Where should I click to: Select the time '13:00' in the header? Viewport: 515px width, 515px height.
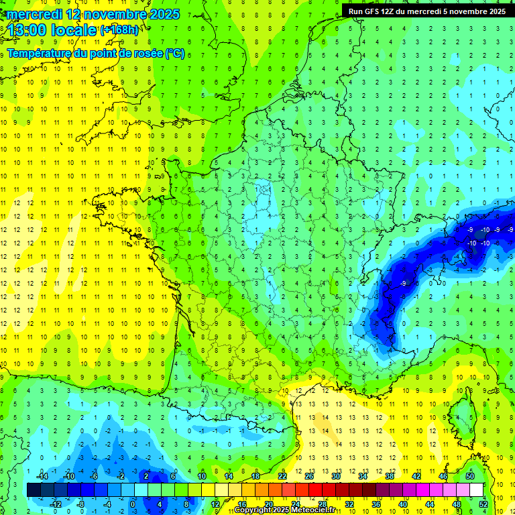pos(27,30)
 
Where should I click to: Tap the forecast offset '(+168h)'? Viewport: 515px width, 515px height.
pos(119,30)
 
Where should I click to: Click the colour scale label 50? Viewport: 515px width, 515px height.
pos(470,475)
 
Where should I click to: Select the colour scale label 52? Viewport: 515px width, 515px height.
pos(483,504)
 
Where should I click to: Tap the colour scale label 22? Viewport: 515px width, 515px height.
pos(282,475)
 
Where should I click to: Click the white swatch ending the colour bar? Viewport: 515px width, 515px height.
pos(477,490)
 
